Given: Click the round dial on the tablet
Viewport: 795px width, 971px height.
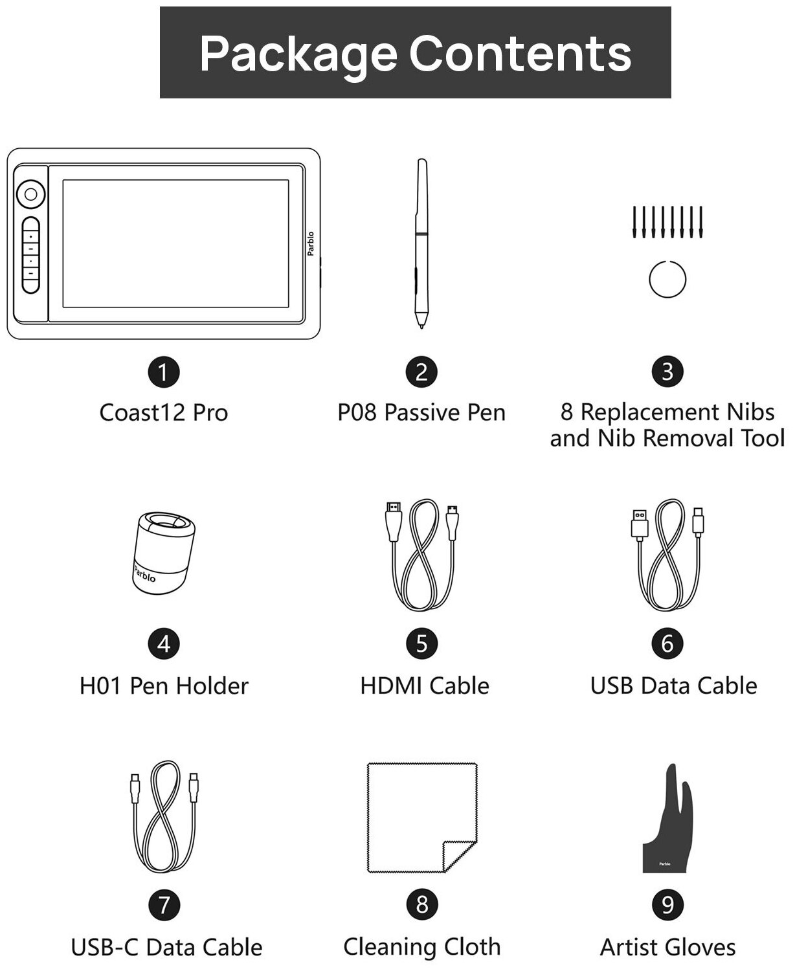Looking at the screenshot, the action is pos(30,193).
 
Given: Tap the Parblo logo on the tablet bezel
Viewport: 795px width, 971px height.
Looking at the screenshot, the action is pos(311,243).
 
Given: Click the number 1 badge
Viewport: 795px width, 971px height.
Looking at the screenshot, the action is pos(163,372).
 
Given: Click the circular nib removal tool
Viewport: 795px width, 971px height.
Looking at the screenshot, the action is pos(667,280).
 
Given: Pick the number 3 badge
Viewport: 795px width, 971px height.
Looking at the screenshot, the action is pos(667,372).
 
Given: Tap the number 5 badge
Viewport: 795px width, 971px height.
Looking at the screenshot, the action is pos(422,643).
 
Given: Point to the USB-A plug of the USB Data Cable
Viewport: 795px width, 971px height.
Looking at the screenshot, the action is pos(638,524).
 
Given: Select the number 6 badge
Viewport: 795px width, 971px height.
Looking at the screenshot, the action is pos(667,643).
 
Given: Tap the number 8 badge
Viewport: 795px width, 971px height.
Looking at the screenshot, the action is pos(422,904).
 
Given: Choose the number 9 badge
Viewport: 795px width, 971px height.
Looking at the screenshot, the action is pos(667,904).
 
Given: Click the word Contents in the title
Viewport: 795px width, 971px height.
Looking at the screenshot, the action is pos(521,53).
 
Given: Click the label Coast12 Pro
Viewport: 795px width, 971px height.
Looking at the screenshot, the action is pos(164,412).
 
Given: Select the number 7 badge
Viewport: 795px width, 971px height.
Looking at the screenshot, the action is pos(164,904).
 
